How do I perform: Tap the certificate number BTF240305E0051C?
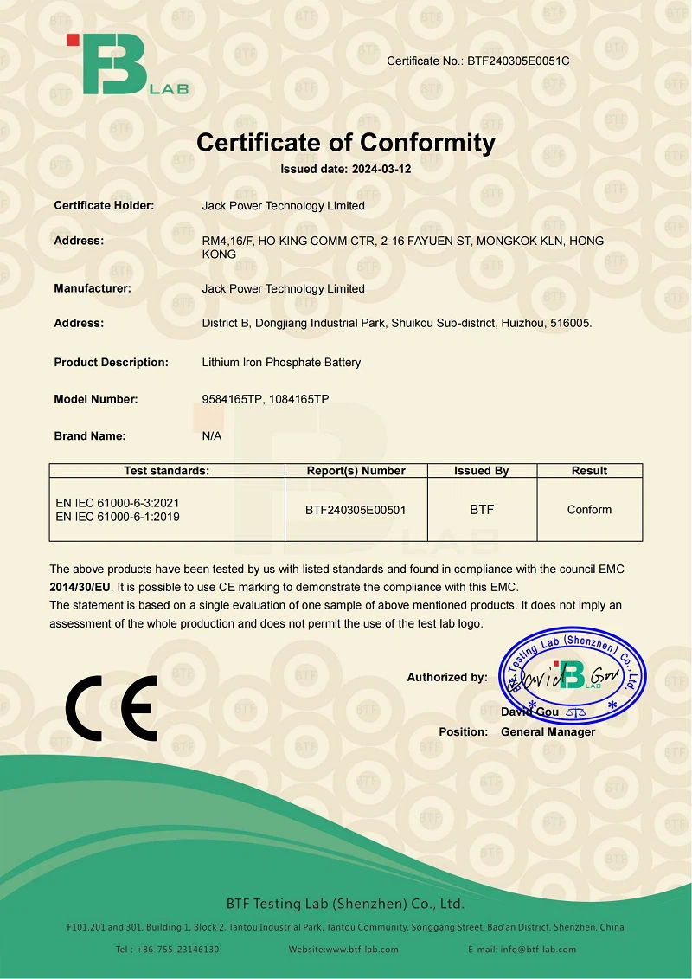tap(518, 61)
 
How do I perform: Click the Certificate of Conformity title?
tap(346, 143)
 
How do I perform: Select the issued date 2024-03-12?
tap(381, 170)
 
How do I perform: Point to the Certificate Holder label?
tap(104, 206)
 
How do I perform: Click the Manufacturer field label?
tap(93, 288)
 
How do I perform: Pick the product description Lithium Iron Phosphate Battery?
tap(281, 363)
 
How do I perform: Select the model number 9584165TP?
tap(232, 399)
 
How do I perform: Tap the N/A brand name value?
tap(212, 436)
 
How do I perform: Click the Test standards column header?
tap(167, 471)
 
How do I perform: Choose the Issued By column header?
tap(482, 471)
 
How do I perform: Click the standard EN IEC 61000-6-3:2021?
tap(118, 503)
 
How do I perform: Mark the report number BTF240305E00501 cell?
tap(356, 510)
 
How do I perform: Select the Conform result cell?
tap(590, 510)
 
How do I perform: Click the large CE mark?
tap(112, 708)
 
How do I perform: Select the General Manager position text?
tap(548, 732)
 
